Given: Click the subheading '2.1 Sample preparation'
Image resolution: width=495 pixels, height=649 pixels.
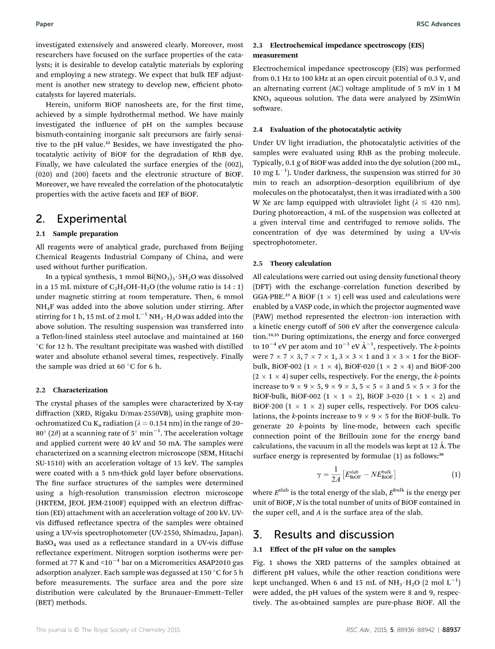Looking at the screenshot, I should click(77, 233).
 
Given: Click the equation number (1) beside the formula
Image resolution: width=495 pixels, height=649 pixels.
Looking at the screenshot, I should click(455, 474).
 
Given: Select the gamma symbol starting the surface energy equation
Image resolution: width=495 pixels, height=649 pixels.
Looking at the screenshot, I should click(319, 475).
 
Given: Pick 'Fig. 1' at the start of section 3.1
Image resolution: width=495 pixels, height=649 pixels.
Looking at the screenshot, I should click(262, 563).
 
